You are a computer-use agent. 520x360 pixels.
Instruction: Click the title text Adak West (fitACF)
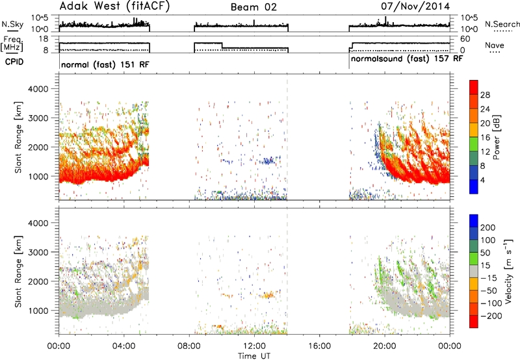[x=115, y=6]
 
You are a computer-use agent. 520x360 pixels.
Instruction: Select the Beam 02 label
[x=253, y=7]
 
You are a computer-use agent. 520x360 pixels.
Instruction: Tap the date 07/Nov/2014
[x=415, y=6]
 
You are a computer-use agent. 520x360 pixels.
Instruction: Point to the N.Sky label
[x=12, y=24]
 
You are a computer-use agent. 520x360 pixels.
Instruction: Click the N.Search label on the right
[x=502, y=24]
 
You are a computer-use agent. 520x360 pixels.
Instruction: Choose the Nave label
[x=495, y=45]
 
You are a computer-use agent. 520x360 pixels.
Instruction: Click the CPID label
[x=14, y=62]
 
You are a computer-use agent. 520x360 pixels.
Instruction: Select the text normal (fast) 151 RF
[x=105, y=64]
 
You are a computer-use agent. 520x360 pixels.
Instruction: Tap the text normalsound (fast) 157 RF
[x=407, y=59]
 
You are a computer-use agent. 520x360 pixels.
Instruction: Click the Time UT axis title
[x=254, y=356]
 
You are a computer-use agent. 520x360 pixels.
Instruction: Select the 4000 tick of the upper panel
[x=38, y=89]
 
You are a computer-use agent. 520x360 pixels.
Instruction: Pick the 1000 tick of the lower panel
[x=38, y=311]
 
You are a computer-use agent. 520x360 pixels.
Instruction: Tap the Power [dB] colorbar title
[x=496, y=137]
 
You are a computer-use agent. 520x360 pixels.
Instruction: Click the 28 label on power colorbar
[x=485, y=95]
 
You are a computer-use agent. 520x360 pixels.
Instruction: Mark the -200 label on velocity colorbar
[x=491, y=316]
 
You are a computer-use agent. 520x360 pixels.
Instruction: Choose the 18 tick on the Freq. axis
[x=43, y=39]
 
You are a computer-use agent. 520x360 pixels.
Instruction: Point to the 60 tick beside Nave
[x=465, y=39]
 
